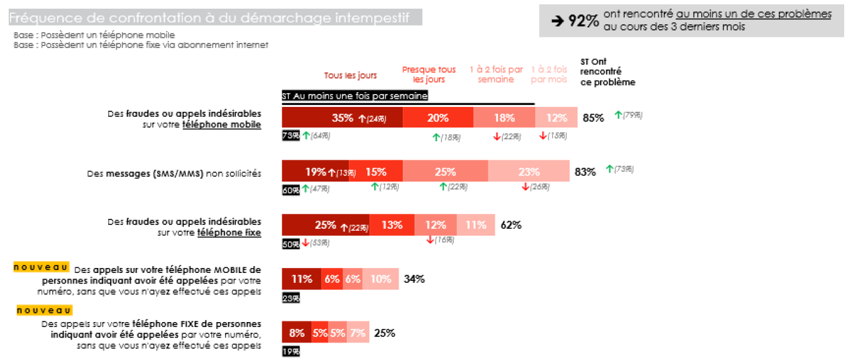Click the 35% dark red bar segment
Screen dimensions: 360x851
coord(342,118)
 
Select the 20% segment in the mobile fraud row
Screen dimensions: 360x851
coord(438,118)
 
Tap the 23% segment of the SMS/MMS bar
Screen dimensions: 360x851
coord(528,171)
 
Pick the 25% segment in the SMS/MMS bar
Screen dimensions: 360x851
coord(445,171)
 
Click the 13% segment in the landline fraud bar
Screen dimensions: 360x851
coord(392,225)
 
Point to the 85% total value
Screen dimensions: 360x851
coord(593,118)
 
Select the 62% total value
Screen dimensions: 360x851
coord(510,225)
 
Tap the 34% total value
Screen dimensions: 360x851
coord(414,279)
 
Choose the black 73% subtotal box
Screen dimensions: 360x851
coord(291,136)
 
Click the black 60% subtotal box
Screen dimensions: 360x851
coord(291,190)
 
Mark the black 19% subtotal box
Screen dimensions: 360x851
coord(291,351)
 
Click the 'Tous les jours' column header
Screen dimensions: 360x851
coord(350,76)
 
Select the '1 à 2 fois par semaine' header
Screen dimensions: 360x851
coord(496,74)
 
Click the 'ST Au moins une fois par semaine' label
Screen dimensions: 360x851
coord(354,96)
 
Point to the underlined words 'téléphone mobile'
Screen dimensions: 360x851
coord(221,125)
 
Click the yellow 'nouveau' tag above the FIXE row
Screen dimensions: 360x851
coord(44,310)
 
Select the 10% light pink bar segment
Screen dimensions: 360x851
coord(381,279)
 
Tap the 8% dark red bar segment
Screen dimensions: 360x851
coord(297,333)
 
